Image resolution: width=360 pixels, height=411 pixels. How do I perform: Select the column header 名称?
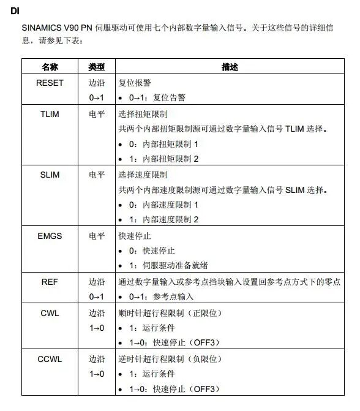[50, 67]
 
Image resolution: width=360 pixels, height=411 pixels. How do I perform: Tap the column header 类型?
[97, 67]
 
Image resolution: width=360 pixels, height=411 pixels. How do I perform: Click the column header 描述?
[230, 67]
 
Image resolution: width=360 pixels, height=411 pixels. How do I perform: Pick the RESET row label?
[50, 83]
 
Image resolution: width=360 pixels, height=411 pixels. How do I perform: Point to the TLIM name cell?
[50, 114]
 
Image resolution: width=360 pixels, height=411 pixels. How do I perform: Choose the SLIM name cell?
[50, 175]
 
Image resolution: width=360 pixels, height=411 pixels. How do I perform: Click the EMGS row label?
[50, 235]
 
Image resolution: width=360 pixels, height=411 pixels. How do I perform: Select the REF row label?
[50, 282]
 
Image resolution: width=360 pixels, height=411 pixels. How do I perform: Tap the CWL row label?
[50, 313]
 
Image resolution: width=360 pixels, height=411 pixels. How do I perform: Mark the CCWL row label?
[50, 359]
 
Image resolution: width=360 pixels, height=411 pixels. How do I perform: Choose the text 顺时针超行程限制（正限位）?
[170, 313]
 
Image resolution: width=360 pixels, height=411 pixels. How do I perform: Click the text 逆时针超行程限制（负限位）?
[170, 359]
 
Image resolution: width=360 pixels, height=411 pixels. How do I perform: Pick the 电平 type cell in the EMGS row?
[97, 235]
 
